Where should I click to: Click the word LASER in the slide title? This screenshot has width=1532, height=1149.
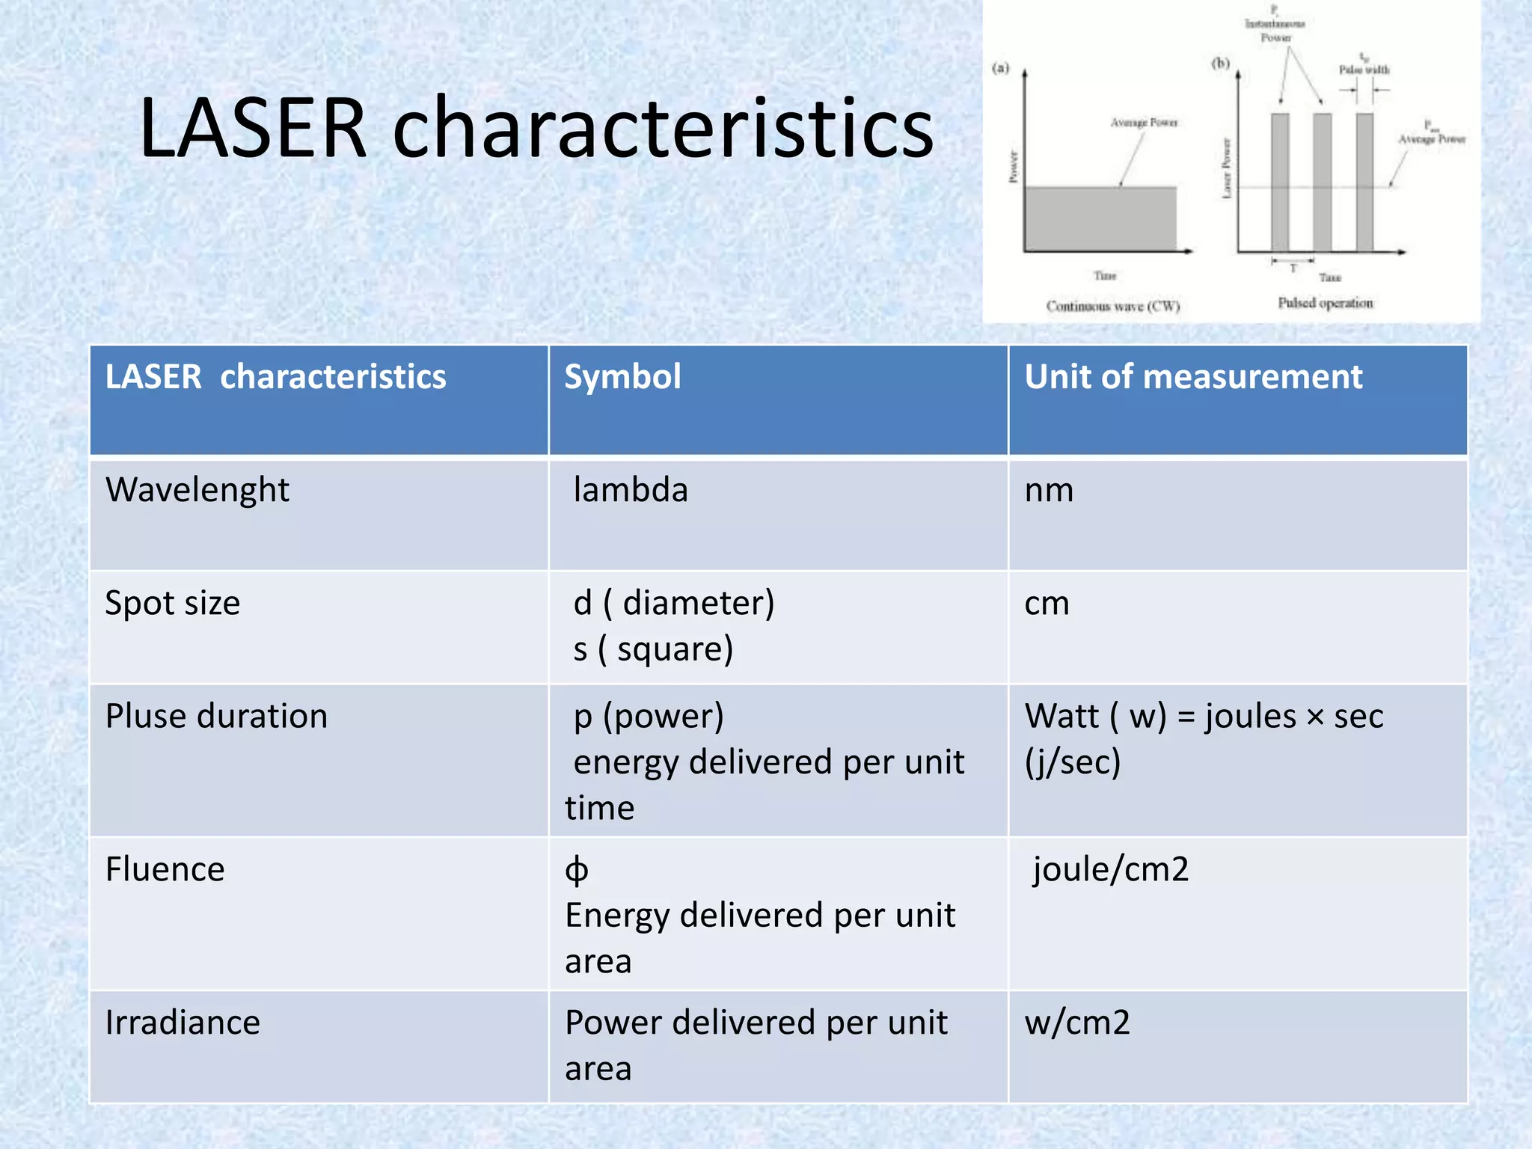tap(253, 129)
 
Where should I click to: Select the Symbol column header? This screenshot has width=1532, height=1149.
tap(622, 377)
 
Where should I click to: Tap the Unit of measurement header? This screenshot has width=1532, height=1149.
tap(1193, 377)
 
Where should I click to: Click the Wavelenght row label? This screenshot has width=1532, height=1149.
tap(197, 491)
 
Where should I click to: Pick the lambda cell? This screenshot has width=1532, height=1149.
tap(630, 491)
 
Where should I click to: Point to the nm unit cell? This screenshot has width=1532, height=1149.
tap(1049, 491)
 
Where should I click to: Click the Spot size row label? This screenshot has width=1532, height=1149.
tap(173, 604)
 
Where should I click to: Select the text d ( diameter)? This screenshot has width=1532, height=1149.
tap(673, 604)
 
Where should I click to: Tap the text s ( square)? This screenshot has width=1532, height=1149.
tap(653, 649)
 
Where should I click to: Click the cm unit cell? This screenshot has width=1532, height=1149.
tap(1047, 604)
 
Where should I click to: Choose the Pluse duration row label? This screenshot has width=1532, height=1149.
tap(216, 717)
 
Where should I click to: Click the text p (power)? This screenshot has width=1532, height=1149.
tap(649, 717)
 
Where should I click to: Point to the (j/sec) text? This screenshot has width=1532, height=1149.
tap(1072, 762)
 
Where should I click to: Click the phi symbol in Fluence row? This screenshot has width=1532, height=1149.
tap(577, 871)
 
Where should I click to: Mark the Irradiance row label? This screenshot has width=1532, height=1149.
tap(183, 1023)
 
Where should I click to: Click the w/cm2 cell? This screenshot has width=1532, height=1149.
tap(1077, 1023)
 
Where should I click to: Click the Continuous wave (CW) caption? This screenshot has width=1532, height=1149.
tap(1112, 306)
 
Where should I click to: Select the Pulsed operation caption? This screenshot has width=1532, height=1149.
tap(1325, 303)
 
